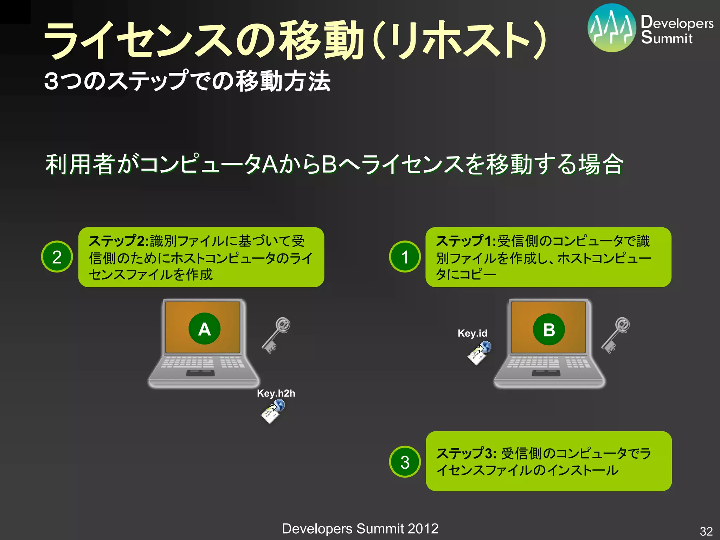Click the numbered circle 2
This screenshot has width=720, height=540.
[x=57, y=257]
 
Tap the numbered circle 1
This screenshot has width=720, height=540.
[x=405, y=257]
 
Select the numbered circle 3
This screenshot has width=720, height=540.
[x=405, y=462]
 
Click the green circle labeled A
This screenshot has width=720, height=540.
[x=204, y=329]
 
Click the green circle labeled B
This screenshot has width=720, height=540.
[x=549, y=329]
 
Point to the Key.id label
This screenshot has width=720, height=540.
[x=472, y=333]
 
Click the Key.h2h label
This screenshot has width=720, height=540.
[x=276, y=393]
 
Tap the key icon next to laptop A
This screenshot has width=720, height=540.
[x=276, y=335]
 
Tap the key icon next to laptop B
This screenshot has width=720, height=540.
[x=616, y=335]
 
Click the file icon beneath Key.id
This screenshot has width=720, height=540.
[x=479, y=353]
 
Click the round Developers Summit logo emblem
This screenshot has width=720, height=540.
[x=611, y=28]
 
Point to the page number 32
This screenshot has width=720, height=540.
[x=706, y=531]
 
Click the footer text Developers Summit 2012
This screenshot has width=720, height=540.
[x=360, y=528]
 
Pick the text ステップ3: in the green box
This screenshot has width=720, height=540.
[x=466, y=453]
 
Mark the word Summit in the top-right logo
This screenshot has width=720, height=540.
[x=667, y=38]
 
